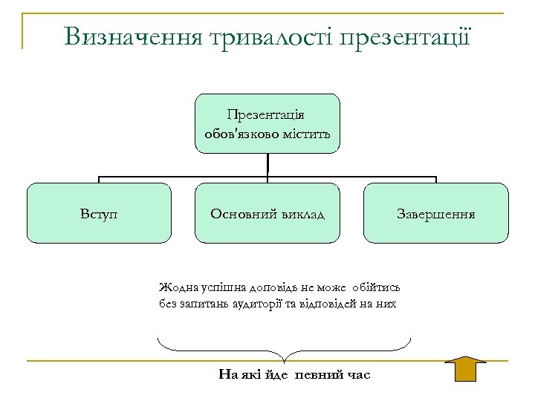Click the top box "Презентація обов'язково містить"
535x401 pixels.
tap(267, 123)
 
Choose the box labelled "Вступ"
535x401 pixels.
tap(100, 214)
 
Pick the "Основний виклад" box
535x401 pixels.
tap(267, 214)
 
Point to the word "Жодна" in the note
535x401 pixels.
tap(174, 286)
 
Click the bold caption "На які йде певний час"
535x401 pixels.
tap(294, 374)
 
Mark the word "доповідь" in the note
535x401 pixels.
tap(261, 286)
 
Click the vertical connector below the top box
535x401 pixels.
tap(267, 164)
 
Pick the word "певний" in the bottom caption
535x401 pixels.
tap(317, 374)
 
